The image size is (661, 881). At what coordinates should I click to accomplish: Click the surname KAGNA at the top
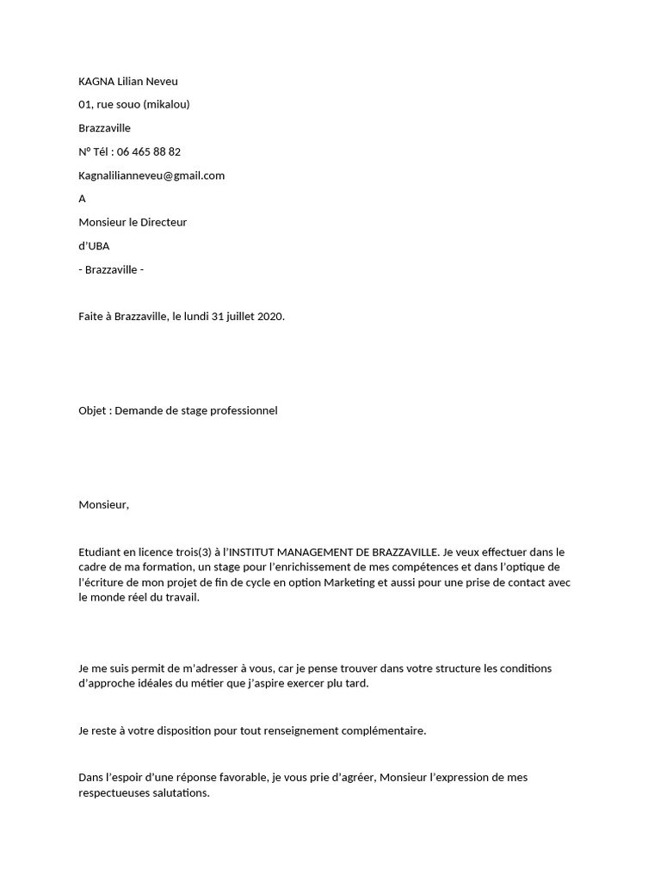[96, 82]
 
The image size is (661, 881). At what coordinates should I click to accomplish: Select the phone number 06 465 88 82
[149, 152]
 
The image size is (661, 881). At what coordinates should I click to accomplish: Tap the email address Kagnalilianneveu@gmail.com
[151, 176]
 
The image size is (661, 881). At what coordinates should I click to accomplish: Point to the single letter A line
[83, 199]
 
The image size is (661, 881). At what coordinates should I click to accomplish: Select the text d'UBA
[94, 246]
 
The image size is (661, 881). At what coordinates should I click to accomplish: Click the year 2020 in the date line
[269, 317]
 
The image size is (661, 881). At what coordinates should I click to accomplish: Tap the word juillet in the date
[241, 317]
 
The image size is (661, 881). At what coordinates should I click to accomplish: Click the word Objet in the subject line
[93, 410]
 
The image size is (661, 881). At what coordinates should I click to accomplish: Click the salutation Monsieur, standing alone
[103, 505]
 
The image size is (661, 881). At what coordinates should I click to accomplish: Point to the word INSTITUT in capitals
[256, 552]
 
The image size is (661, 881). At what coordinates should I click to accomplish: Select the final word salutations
[180, 793]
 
